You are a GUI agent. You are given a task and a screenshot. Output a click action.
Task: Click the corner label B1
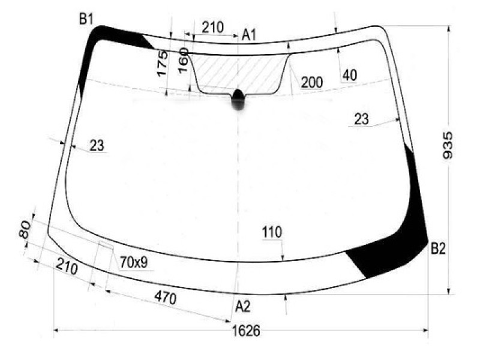pos(86,19)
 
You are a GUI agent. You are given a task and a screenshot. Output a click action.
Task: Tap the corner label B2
pos(439,248)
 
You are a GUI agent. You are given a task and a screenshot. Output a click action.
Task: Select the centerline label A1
pos(248,35)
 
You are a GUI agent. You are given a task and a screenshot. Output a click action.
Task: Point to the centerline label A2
pos(243,306)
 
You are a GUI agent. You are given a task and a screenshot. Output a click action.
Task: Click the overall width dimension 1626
pos(246,331)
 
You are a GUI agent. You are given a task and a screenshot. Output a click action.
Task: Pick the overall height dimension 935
pos(448,145)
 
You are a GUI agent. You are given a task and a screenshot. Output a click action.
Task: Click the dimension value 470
pos(166,298)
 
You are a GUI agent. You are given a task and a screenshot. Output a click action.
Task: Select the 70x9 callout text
pos(134,262)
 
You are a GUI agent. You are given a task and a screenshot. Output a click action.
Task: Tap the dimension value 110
pos(272,232)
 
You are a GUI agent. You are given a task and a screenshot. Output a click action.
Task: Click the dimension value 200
pos(312,82)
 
